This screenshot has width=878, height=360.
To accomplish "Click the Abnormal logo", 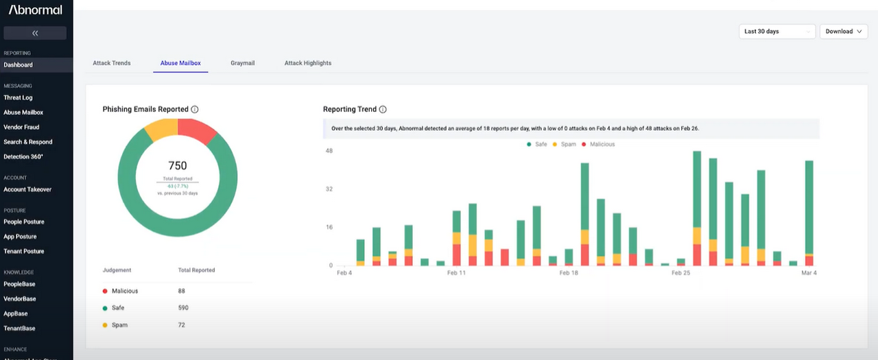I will coord(36,10).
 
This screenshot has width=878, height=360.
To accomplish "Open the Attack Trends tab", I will coord(111,63).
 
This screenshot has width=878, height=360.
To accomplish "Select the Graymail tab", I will coord(242,63).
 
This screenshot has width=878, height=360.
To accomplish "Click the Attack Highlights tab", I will coord(308,63).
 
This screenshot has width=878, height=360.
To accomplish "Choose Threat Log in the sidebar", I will coord(18,97).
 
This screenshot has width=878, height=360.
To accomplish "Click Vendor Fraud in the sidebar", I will coord(21,127).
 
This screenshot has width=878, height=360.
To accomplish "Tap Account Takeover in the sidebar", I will coord(27,189).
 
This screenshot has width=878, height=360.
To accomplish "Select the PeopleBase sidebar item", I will coord(19,284).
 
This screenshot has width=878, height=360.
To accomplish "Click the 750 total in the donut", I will coord(178,165).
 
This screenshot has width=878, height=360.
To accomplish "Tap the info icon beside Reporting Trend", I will coord(383,110).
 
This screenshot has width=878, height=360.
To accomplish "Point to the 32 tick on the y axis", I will coord(329,189).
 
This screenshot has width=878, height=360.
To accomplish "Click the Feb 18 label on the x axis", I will coord(569,273).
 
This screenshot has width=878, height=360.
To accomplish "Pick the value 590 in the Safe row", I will coord(183,308).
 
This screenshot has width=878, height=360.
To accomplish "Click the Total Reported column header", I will coord(196,270).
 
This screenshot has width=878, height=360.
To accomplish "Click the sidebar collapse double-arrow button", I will coord(35,33).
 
